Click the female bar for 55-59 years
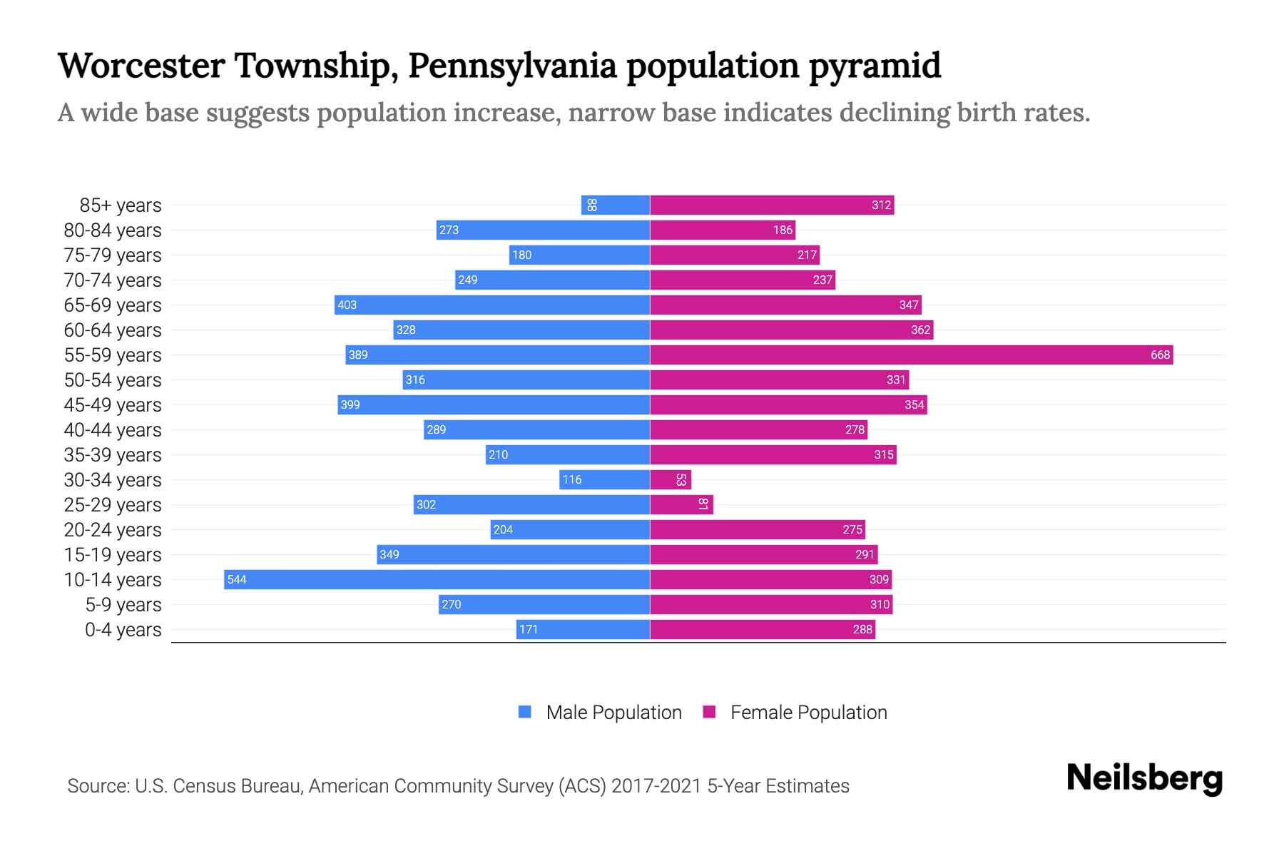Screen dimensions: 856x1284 point(911,355)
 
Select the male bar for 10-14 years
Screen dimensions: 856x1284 point(437,579)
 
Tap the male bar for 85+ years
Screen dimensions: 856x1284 point(615,205)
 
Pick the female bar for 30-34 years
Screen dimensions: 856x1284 point(671,479)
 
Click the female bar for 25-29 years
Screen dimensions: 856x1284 point(681,504)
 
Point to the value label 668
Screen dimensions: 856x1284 point(1160,355)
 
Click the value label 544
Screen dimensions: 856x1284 point(237,579)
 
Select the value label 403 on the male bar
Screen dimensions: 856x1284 point(347,305)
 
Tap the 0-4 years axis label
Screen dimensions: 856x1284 point(123,630)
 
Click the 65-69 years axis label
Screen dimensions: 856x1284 point(113,305)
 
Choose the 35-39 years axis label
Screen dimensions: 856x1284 point(113,455)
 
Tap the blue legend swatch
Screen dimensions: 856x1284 point(525,712)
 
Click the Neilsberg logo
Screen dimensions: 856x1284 point(1144,778)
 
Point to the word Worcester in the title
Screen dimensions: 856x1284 point(141,66)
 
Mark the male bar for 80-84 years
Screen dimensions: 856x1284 point(543,230)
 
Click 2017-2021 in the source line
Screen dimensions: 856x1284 point(656,786)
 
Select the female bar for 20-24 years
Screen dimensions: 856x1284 point(757,529)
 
